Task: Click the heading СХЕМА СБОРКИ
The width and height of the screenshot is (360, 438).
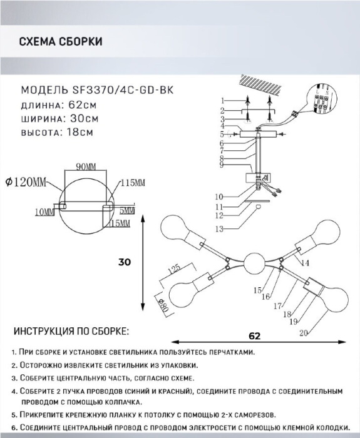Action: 61,42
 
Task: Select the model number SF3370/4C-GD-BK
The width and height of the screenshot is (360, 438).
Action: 123,90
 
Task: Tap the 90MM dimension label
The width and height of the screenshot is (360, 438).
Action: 86,167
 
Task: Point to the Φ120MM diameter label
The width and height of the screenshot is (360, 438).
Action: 26,182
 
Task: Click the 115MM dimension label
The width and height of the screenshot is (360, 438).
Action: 133,183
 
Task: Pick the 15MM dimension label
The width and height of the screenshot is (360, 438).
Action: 120,223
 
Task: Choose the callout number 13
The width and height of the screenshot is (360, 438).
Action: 219,229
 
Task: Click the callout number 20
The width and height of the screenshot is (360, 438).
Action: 304,333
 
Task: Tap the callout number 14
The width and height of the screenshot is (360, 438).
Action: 306,263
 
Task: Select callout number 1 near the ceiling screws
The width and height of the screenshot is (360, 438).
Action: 223,101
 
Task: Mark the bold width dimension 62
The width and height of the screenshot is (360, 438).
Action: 255,336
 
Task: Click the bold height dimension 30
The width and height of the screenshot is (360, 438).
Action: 125,262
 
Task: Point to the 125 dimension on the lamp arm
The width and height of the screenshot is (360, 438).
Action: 174,270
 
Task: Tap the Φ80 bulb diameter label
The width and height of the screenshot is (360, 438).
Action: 164,306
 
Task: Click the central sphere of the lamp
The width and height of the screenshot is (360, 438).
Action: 254,263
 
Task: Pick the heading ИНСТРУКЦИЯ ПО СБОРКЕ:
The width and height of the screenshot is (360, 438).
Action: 71,331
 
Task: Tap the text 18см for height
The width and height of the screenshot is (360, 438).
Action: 80,132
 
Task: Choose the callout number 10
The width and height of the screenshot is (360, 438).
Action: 219,196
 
